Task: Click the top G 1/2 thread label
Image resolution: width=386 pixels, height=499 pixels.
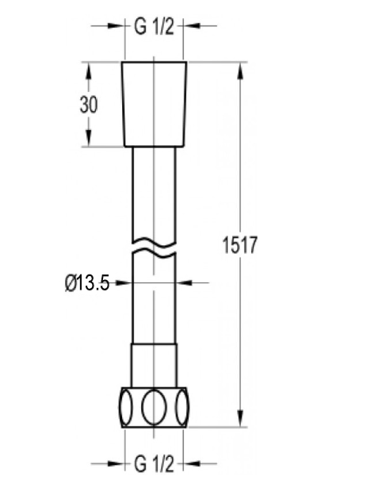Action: click(154, 26)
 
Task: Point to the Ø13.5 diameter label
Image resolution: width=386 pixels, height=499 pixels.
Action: click(86, 282)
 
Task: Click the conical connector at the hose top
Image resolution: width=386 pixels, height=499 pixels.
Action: click(154, 104)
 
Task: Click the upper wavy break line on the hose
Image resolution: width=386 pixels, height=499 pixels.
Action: click(154, 239)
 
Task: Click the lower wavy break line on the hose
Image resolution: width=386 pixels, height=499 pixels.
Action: click(154, 253)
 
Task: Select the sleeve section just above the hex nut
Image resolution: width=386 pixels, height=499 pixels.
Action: click(154, 366)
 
